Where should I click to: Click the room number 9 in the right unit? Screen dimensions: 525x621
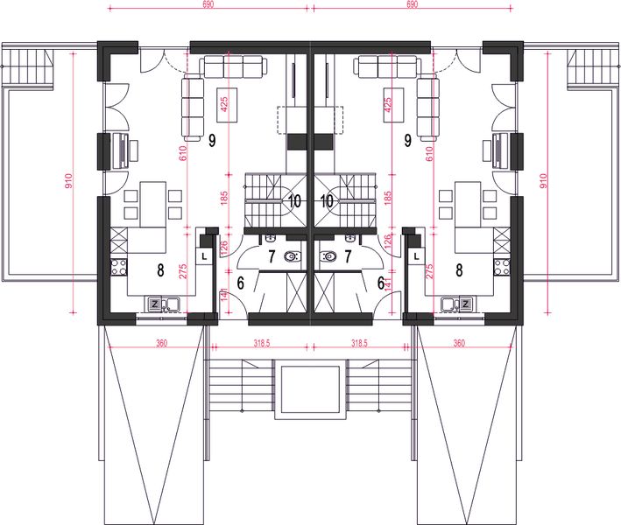pos(408,140)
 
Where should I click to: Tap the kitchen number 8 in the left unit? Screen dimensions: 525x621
pos(160,270)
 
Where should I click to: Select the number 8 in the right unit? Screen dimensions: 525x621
pos(459,270)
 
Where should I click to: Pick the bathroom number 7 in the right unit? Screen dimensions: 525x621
pos(349,256)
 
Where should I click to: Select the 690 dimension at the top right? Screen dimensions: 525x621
pos(413,5)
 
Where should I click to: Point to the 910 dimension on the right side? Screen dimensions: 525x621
pos(544,182)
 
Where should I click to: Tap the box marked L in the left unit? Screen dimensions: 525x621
pos(204,256)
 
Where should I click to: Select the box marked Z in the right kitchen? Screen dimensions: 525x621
pos(466,304)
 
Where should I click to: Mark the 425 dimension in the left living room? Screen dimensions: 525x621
pos(226,107)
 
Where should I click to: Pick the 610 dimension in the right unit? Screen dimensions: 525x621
pos(429,156)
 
